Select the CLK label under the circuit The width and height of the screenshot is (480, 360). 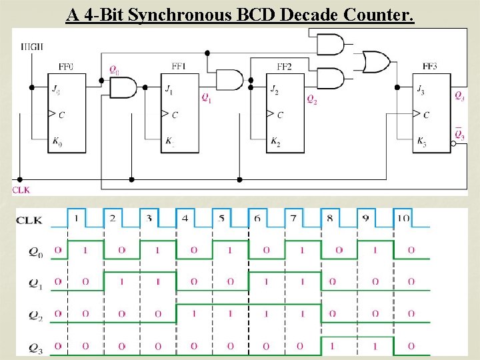click(21, 190)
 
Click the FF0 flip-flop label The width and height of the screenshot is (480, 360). click(66, 67)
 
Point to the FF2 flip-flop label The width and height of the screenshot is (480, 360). click(284, 67)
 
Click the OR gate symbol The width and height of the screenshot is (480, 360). click(376, 62)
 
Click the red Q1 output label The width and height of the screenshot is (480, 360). click(207, 98)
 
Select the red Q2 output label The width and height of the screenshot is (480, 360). click(311, 99)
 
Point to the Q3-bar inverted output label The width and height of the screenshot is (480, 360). click(459, 135)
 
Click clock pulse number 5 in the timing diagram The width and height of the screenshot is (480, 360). click(221, 218)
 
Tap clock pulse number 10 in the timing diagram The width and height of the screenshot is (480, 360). click(402, 218)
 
